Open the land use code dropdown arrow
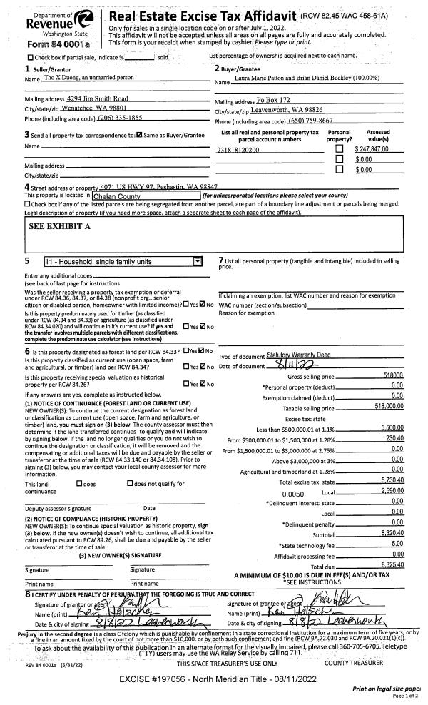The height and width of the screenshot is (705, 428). pyautogui.click(x=198, y=262)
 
